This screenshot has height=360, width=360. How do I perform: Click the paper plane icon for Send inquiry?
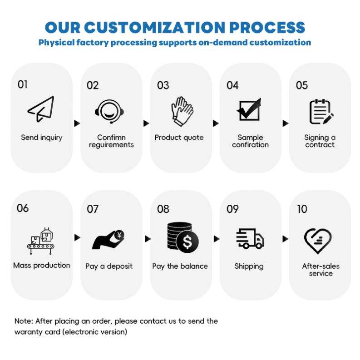pos(41,109)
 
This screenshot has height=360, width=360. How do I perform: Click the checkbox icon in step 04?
pos(249,109)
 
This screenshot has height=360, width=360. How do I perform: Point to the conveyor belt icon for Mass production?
pos(40,240)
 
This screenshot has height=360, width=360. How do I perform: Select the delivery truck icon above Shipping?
pos(250,239)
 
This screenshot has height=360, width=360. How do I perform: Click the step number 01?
pos(22,84)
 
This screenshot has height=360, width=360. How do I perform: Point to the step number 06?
pos(23,208)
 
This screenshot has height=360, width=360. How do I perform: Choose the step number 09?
pos(232,209)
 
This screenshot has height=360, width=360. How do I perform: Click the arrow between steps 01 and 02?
pos(77,123)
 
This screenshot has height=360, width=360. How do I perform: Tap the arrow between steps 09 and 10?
pos(285,238)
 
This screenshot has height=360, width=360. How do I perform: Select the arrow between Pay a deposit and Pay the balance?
pos(147,238)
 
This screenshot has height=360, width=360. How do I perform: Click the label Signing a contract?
pos(320,141)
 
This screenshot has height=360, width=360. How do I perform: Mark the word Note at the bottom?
pos(23,321)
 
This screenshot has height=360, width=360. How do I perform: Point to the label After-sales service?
pos(321,270)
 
